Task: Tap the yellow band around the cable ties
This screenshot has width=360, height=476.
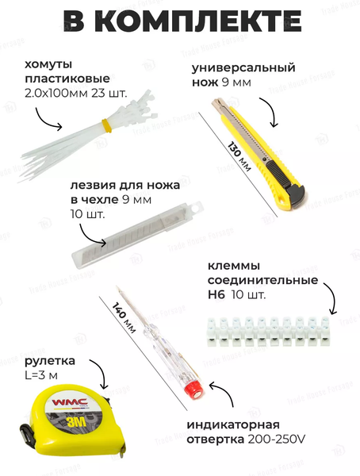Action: point(105,124)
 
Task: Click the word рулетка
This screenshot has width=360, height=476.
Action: point(48,359)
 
